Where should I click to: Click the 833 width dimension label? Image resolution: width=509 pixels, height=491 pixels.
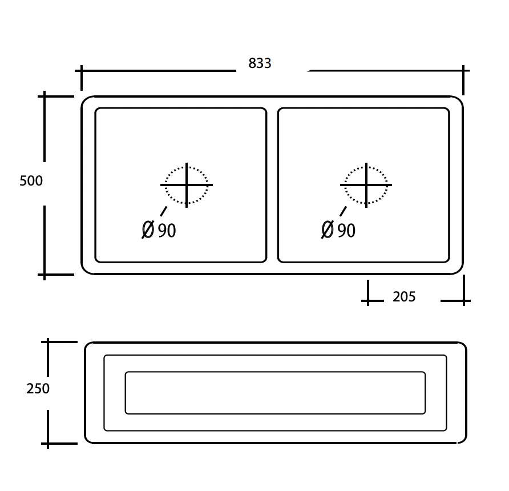pyautogui.click(x=260, y=63)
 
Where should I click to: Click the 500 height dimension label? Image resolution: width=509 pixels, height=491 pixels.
pyautogui.click(x=31, y=181)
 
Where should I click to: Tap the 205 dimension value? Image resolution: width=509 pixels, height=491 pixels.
pyautogui.click(x=404, y=297)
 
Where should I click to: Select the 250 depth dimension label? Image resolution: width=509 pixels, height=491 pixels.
pyautogui.click(x=38, y=389)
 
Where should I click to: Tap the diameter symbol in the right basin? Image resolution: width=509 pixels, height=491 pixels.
pyautogui.click(x=328, y=230)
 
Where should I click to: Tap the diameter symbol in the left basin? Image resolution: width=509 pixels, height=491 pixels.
pyautogui.click(x=148, y=230)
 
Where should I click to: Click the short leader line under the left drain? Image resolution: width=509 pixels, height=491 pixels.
pyautogui.click(x=164, y=211)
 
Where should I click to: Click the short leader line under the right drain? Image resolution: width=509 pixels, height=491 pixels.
pyautogui.click(x=343, y=211)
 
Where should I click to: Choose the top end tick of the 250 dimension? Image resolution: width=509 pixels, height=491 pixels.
pyautogui.click(x=48, y=342)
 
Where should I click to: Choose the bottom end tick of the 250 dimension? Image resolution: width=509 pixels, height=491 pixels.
pyautogui.click(x=48, y=443)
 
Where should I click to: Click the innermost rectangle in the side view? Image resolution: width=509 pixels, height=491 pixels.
pyautogui.click(x=275, y=393)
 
